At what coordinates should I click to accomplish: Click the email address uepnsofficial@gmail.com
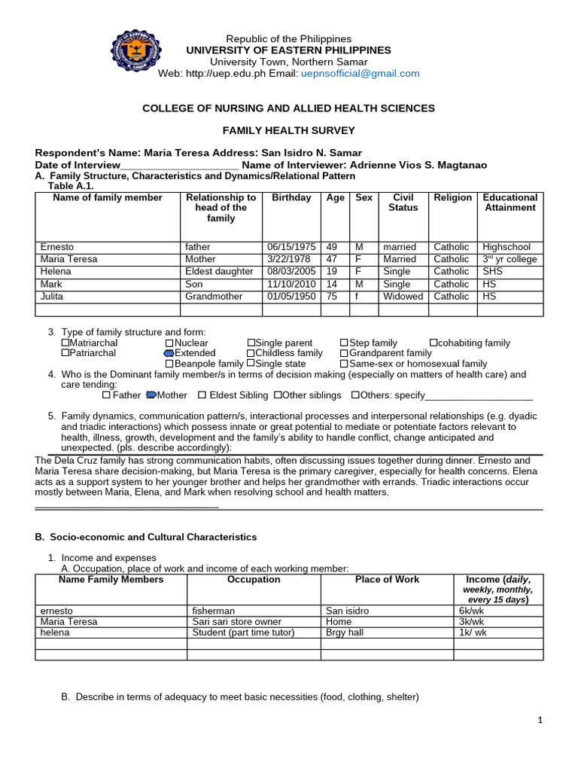(360, 73)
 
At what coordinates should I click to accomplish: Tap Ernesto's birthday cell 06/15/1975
(289, 246)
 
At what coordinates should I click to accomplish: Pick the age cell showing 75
(335, 297)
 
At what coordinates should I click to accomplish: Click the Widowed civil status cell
(403, 297)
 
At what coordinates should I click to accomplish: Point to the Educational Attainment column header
(510, 203)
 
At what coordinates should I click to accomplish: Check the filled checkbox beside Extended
(169, 353)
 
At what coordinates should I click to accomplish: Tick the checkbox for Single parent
(251, 343)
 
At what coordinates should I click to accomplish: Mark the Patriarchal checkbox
(65, 353)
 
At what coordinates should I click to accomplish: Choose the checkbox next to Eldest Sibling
(202, 395)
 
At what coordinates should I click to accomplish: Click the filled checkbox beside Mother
(151, 395)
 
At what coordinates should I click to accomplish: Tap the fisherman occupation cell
(214, 611)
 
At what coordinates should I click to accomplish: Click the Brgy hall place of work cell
(345, 632)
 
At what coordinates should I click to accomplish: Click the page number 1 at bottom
(540, 721)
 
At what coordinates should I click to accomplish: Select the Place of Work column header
(387, 580)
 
